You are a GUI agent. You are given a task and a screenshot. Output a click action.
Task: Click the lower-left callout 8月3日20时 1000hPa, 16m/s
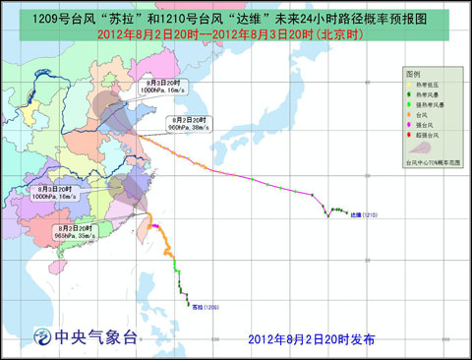click(51, 192)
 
